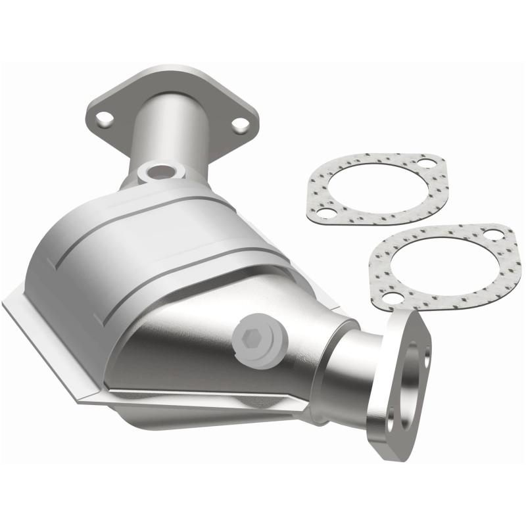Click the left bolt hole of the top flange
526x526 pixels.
pyautogui.click(x=103, y=119)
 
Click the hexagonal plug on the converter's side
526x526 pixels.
pyautogui.click(x=251, y=340)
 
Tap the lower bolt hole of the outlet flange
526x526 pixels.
pyautogui.click(x=391, y=416)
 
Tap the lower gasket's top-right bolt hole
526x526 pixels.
pyautogui.click(x=491, y=235)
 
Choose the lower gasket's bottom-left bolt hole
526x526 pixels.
pyautogui.click(x=393, y=298)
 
